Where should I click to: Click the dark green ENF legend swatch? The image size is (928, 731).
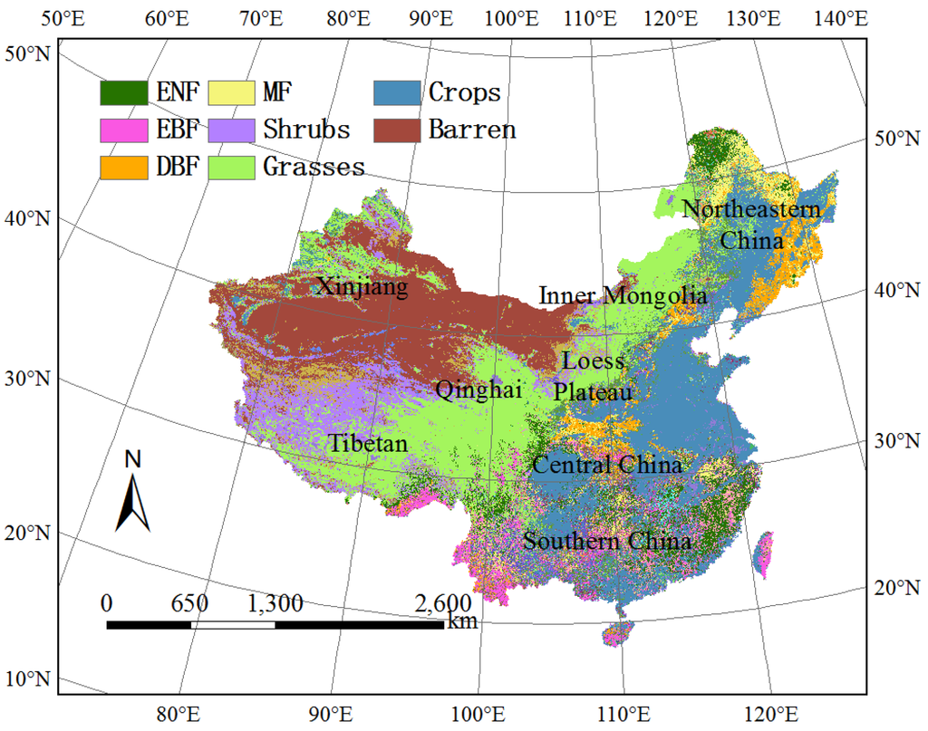[x=123, y=92]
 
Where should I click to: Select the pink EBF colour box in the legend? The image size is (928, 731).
[x=123, y=130]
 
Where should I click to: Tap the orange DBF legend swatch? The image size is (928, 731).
[x=123, y=167]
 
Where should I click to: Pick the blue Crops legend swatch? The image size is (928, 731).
[x=397, y=92]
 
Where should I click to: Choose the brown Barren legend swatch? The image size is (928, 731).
[x=397, y=130]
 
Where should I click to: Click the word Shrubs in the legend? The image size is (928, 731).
[x=306, y=130]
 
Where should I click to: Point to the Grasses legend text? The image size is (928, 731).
[x=314, y=167]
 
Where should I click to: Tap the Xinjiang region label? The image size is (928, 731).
[x=362, y=287]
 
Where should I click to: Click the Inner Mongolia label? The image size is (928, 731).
[x=623, y=295]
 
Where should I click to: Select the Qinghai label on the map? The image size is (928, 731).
[x=478, y=390]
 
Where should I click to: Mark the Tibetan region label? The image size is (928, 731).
[x=368, y=444]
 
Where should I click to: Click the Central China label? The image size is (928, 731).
[x=606, y=466]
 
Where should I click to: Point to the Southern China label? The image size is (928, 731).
[x=607, y=542]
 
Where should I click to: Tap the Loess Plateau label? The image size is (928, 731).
[x=594, y=376]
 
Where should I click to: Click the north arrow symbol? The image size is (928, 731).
[x=132, y=494]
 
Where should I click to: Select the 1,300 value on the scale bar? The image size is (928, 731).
[x=275, y=603]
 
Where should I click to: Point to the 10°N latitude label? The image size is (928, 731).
[x=29, y=679]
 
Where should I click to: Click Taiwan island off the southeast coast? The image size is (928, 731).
[x=764, y=554]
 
